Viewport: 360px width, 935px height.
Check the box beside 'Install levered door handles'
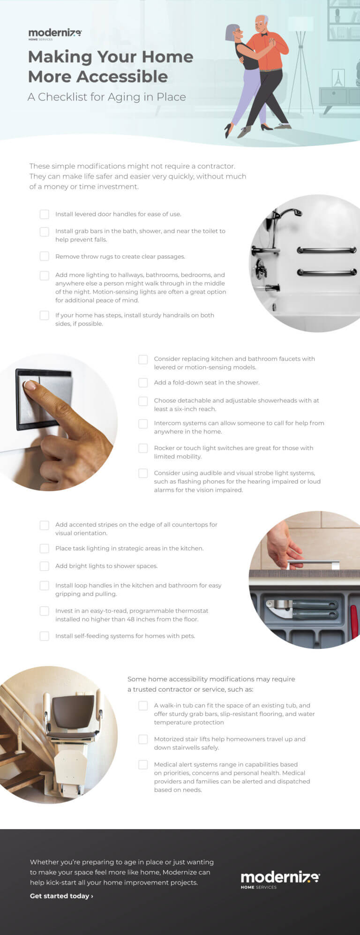[45, 214]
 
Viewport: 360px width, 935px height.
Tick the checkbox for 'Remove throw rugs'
[45, 256]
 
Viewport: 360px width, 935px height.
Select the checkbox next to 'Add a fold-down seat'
[143, 383]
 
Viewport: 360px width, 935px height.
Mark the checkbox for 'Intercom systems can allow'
[143, 423]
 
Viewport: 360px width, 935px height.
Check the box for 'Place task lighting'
[45, 549]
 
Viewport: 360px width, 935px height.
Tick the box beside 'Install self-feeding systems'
[45, 636]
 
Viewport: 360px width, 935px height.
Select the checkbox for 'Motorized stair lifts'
[143, 739]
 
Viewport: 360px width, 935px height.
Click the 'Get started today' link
[61, 896]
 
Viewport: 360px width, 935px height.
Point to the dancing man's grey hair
[263, 20]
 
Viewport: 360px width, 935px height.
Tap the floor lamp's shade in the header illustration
[300, 24]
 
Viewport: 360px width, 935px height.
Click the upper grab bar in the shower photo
[327, 250]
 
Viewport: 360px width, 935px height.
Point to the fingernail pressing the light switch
[30, 385]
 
